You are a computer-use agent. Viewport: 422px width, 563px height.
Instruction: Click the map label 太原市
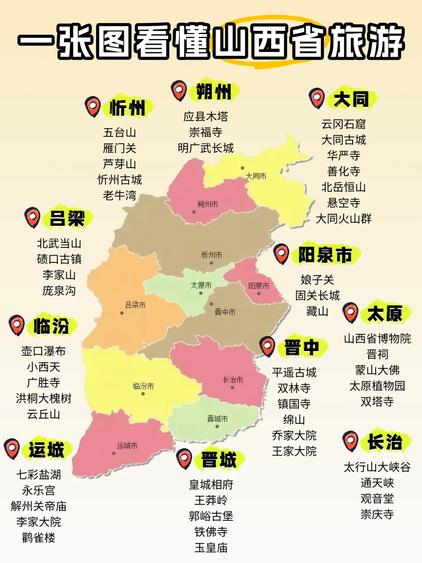201,286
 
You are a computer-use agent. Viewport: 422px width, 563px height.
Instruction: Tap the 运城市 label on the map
127,446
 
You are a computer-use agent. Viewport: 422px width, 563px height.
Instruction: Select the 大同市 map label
256,176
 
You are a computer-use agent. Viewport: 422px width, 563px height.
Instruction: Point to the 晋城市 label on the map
217,419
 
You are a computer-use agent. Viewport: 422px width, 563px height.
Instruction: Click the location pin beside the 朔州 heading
179,91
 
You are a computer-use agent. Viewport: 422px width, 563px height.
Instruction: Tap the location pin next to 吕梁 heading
32,217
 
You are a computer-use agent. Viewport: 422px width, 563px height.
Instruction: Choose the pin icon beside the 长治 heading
350,441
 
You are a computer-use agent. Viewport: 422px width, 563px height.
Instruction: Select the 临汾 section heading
51,326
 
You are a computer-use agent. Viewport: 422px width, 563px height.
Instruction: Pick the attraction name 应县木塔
206,117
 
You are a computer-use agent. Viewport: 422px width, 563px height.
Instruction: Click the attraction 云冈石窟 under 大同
343,124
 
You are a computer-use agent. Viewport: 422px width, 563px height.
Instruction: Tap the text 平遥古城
294,372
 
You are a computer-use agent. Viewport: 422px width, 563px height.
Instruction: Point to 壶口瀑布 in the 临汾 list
43,351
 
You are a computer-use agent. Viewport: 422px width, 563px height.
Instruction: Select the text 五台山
120,133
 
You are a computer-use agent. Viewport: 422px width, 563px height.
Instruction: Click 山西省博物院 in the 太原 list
377,339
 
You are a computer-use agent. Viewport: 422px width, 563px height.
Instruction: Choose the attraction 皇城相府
211,485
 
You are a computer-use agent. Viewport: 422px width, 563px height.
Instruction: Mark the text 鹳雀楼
39,538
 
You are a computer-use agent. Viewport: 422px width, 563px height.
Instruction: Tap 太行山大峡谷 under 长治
377,467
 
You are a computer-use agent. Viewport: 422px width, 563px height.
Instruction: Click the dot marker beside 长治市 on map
232,388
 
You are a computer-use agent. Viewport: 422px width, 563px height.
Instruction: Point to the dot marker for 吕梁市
122,313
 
